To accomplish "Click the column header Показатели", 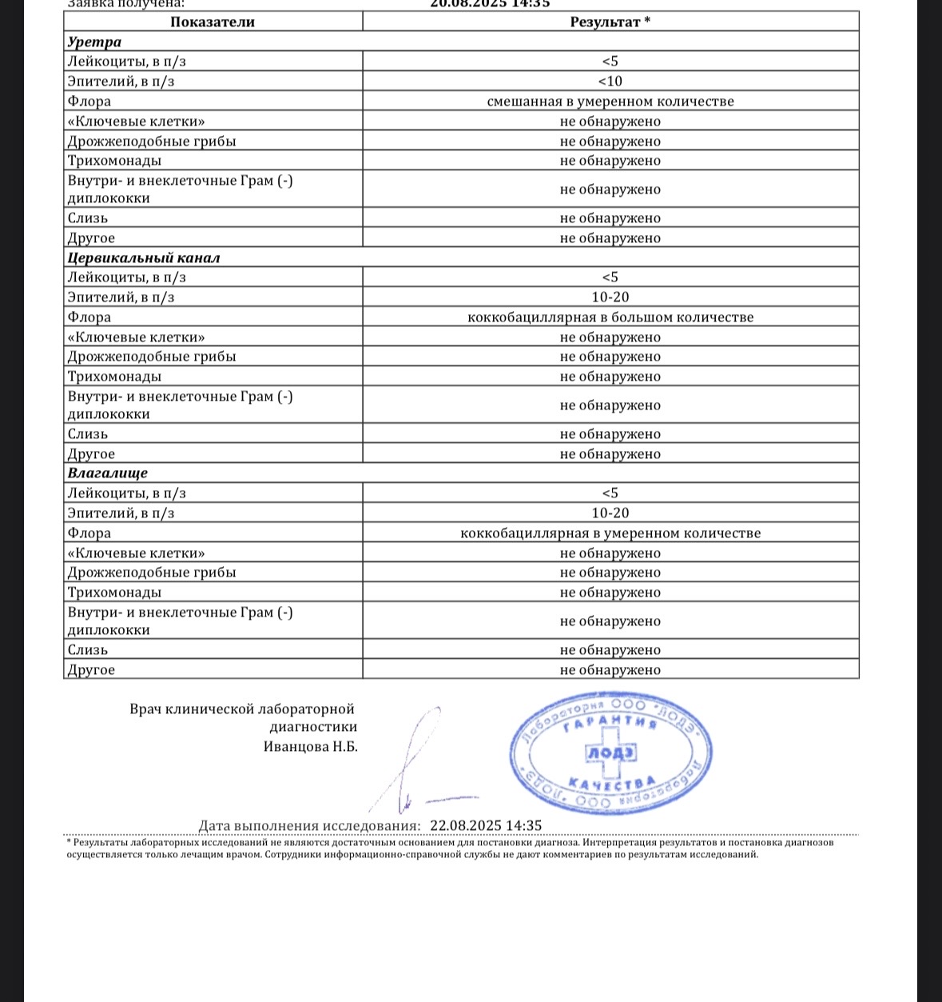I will (213, 22).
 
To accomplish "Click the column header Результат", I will (610, 22).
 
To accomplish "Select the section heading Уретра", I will (94, 42).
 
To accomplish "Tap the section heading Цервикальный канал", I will (143, 257).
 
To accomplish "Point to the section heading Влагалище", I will (107, 473).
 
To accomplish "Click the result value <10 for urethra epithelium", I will (610, 81).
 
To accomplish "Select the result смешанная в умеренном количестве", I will (610, 102).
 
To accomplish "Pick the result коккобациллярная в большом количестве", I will (610, 317).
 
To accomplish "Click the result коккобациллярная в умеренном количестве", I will (610, 533).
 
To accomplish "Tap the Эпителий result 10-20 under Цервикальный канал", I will (610, 297).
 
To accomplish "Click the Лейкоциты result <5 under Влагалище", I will (610, 493).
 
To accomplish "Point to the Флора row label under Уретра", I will (89, 102).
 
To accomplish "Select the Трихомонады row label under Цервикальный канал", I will (114, 377).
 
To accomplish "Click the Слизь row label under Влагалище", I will (88, 650).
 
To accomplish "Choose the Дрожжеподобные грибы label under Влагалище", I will (152, 573).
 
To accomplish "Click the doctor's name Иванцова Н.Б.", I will (310, 747).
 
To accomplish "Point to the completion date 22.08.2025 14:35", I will (486, 825).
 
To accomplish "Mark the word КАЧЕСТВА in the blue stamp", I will (612, 783).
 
